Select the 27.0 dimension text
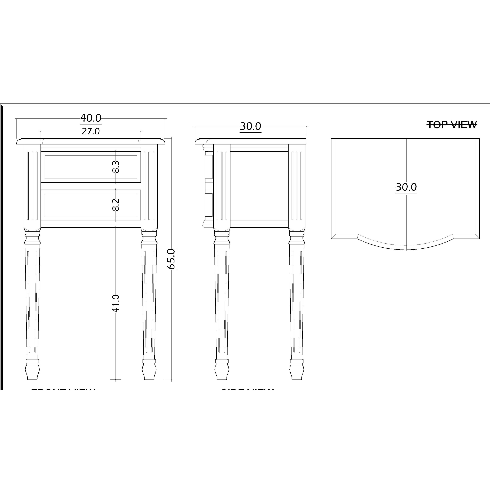click(x=90, y=131)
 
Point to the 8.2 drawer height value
click(x=116, y=205)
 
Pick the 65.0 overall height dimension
click(x=171, y=259)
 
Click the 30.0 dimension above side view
click(x=250, y=126)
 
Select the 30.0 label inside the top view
click(x=406, y=187)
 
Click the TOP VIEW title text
click(x=452, y=125)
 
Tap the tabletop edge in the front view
click(x=90, y=141)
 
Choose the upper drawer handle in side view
click(x=209, y=167)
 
